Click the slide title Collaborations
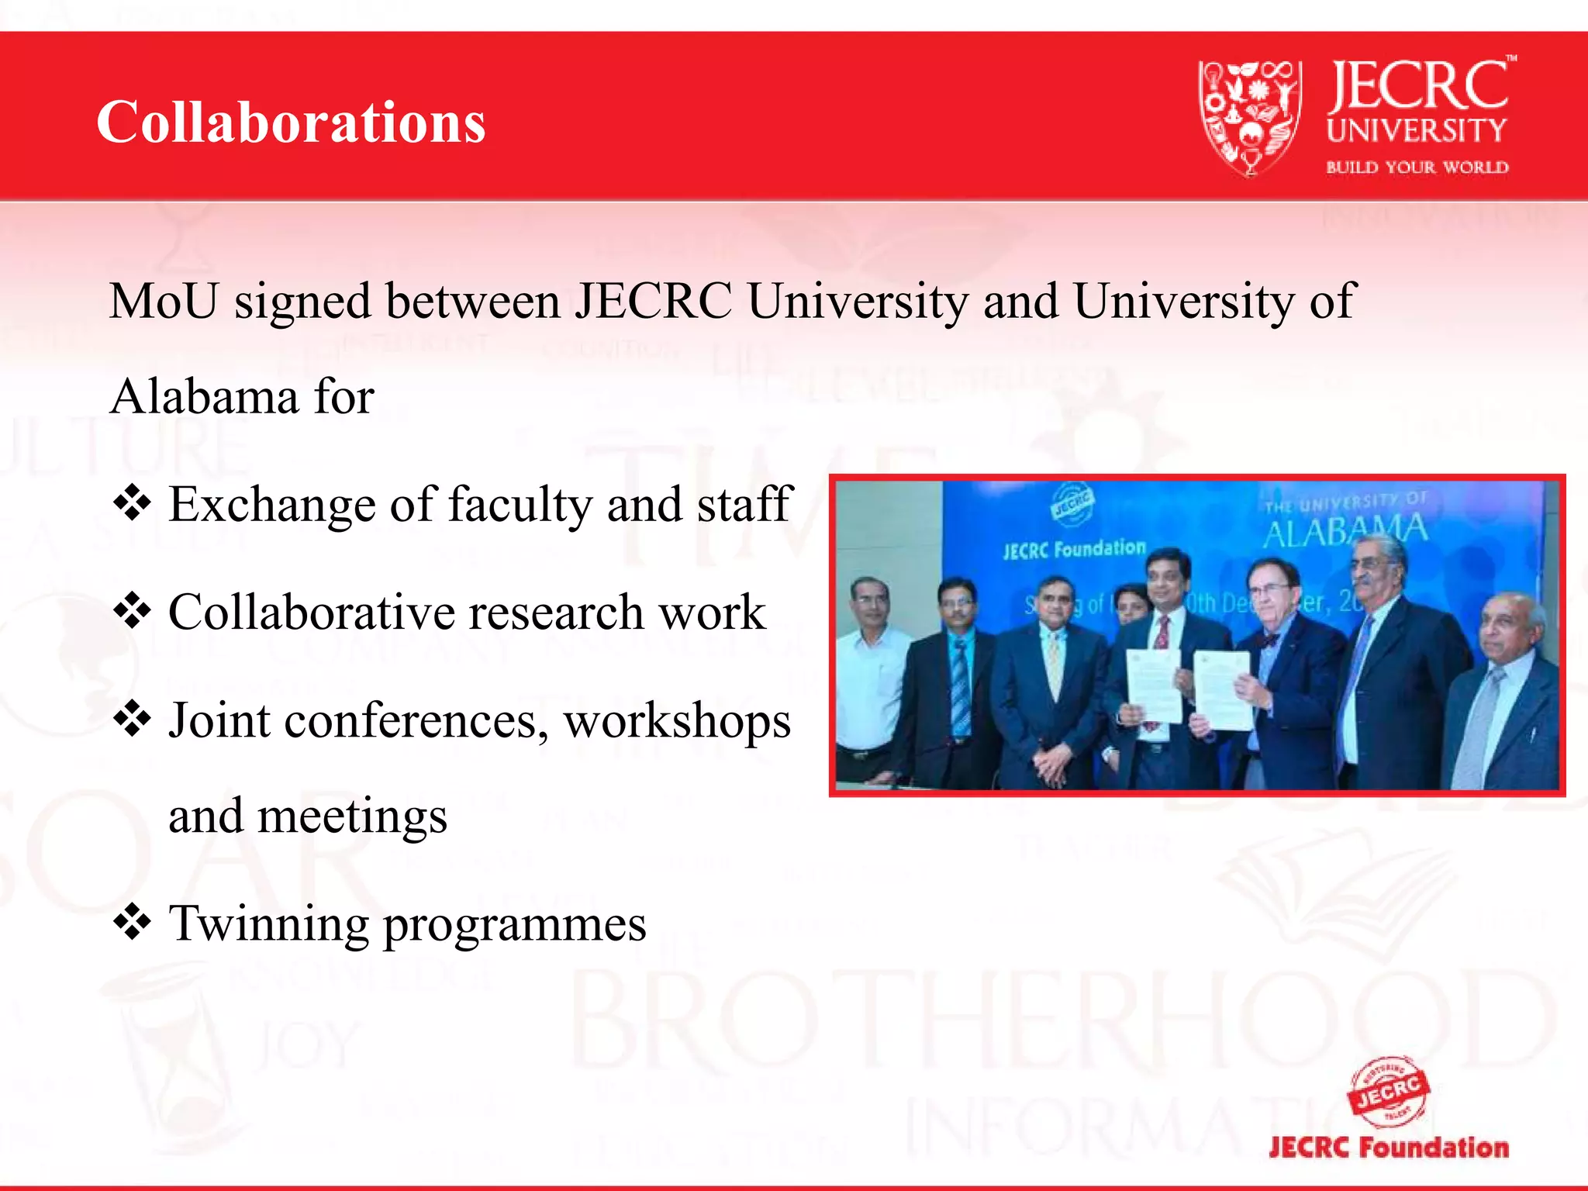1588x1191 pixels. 291,123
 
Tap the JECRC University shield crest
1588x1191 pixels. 1249,116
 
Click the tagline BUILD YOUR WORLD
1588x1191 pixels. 1417,167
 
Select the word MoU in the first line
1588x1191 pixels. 164,301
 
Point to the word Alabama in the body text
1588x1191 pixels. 204,397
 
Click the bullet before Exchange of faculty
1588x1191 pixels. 133,503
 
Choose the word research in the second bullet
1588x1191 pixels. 555,613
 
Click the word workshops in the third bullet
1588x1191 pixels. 677,721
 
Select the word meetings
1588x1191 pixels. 352,816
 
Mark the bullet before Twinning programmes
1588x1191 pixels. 133,922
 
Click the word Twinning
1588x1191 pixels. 269,923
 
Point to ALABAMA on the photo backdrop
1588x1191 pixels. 1345,532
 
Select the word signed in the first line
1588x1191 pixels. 303,301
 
